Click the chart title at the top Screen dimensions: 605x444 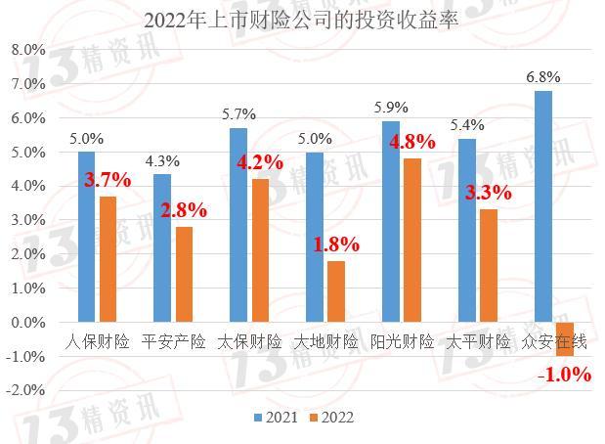[x=301, y=21]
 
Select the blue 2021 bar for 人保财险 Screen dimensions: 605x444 [x=86, y=237]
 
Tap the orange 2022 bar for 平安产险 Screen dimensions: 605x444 [x=184, y=275]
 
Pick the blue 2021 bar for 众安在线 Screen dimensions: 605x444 [x=543, y=206]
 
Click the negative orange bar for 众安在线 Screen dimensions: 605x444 [x=565, y=339]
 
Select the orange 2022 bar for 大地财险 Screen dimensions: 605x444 [x=336, y=291]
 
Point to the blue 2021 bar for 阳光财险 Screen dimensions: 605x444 [x=391, y=222]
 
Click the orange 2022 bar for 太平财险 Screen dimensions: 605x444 [x=489, y=266]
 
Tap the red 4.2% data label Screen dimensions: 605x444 [x=260, y=162]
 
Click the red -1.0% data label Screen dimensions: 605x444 [x=565, y=375]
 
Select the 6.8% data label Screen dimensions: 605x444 [x=543, y=77]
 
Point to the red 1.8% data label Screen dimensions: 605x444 [x=336, y=244]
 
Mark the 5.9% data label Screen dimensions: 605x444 [x=391, y=108]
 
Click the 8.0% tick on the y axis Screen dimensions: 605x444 [x=28, y=50]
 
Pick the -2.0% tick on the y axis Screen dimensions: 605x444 [x=25, y=390]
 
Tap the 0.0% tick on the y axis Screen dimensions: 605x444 [x=28, y=322]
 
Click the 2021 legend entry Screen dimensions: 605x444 [x=277, y=418]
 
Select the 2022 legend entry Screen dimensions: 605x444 [x=332, y=418]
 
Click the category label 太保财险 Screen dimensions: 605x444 [x=249, y=342]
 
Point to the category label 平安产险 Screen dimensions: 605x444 [x=173, y=342]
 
